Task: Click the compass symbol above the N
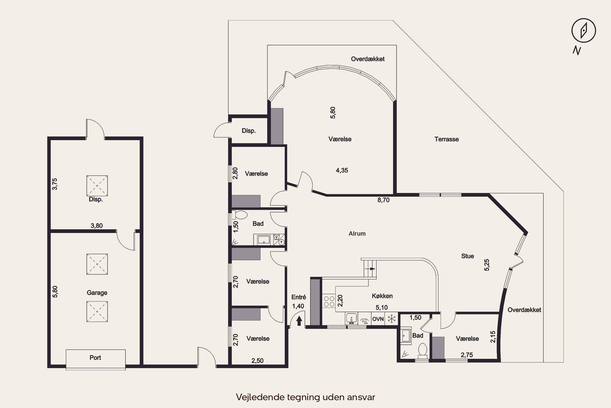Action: [x=584, y=30]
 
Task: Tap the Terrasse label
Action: [x=447, y=139]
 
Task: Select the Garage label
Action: [x=97, y=293]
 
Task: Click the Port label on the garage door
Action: [x=95, y=358]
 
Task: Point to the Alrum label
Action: [x=357, y=233]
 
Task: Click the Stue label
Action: [x=468, y=256]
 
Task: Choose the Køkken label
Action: [x=382, y=296]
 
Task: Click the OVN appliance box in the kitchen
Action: [x=378, y=319]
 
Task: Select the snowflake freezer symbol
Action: [x=391, y=318]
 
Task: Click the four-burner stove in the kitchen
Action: [x=329, y=301]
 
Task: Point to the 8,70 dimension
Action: [x=384, y=200]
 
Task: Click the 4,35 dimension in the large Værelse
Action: [x=342, y=170]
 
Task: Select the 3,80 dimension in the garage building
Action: [x=97, y=226]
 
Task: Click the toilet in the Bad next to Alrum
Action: [x=239, y=215]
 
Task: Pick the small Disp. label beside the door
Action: [x=249, y=131]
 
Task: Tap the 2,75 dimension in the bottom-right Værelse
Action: [x=467, y=355]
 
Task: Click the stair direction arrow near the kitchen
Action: [x=373, y=269]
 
